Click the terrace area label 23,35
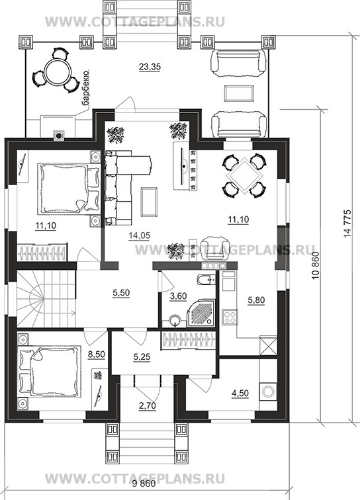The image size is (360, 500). [x=150, y=67]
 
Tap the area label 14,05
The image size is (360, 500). [x=140, y=235]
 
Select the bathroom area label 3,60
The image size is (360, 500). [x=178, y=296]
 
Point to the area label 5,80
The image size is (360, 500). [x=256, y=300]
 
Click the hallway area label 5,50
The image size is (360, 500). [x=121, y=293]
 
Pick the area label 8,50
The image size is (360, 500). [x=97, y=354]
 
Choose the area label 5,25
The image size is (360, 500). [x=142, y=357]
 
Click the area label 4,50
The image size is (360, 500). [x=240, y=394]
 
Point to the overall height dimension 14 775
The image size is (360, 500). [x=347, y=223]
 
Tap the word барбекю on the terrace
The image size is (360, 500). [x=85, y=89]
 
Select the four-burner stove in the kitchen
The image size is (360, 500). [x=230, y=317]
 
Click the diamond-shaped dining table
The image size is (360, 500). [x=244, y=176]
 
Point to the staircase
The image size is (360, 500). [x=46, y=298]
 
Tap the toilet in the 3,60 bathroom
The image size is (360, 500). [x=206, y=280]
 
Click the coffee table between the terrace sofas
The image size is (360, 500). [x=240, y=93]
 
